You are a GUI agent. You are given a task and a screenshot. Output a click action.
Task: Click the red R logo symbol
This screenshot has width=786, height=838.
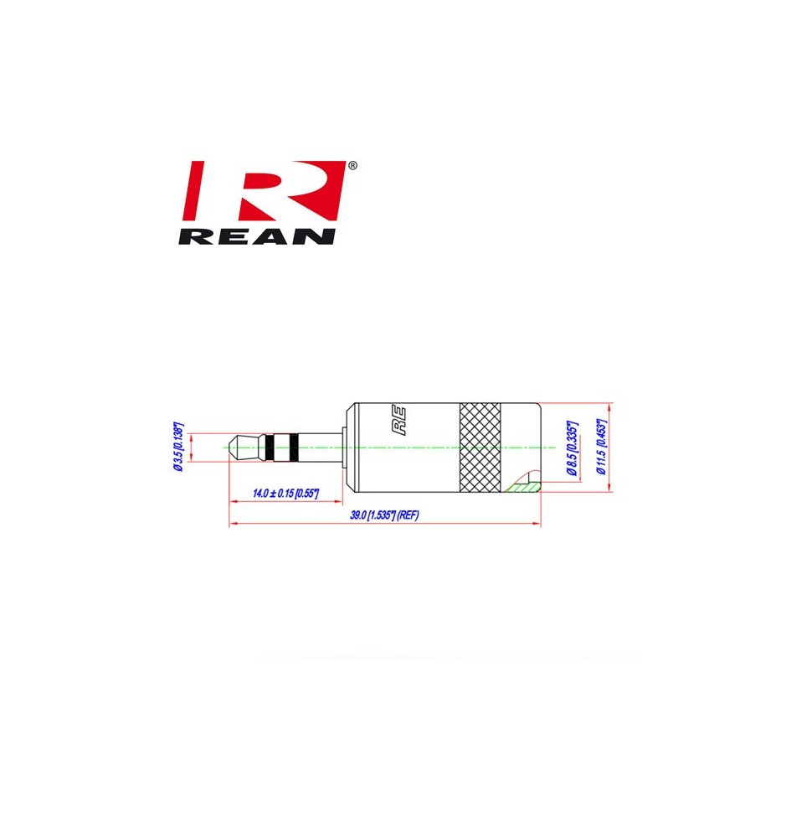(265, 190)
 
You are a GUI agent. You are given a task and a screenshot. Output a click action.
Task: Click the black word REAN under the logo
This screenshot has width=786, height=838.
(257, 237)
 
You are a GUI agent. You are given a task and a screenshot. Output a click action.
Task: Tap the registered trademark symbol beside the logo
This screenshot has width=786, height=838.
(352, 166)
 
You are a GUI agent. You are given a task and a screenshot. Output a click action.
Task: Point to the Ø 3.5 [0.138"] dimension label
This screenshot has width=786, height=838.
(179, 447)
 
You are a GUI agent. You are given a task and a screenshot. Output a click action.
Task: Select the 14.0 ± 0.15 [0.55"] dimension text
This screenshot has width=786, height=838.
(285, 493)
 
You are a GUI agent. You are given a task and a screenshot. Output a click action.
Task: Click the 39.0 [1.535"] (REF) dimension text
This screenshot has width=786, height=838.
(384, 515)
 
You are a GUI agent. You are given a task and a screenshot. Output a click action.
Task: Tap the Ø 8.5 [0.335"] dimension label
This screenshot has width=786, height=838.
(572, 447)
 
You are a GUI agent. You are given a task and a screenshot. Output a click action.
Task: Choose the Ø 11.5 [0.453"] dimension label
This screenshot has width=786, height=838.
(602, 447)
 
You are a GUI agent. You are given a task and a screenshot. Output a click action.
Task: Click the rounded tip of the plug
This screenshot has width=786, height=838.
(234, 447)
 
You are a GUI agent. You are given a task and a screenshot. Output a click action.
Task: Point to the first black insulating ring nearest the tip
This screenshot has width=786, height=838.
(270, 447)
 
